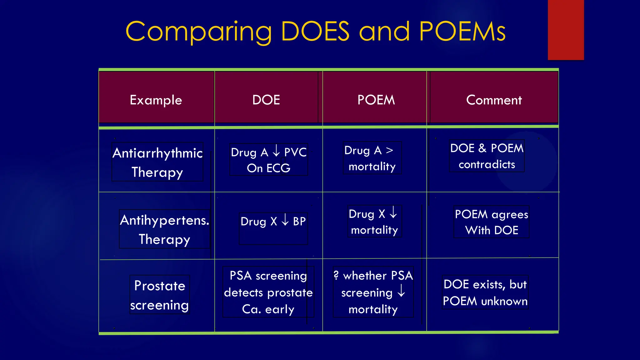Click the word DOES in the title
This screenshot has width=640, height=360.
(315, 32)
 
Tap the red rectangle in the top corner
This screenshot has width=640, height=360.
(566, 30)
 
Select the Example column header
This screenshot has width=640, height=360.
(156, 100)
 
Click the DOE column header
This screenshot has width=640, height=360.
(266, 100)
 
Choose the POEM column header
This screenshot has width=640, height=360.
(376, 100)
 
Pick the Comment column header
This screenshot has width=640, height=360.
(494, 100)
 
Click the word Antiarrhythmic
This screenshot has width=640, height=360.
(157, 153)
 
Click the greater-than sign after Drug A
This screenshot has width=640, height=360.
(389, 150)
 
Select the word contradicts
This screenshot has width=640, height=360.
(487, 164)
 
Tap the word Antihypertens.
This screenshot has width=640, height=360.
(164, 220)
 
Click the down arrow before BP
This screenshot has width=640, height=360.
(285, 219)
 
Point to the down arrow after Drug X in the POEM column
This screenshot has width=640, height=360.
(393, 212)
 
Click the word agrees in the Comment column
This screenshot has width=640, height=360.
(510, 215)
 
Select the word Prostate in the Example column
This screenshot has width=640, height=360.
(160, 286)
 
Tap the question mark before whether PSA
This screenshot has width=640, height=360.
(336, 275)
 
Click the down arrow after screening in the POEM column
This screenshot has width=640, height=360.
(401, 291)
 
